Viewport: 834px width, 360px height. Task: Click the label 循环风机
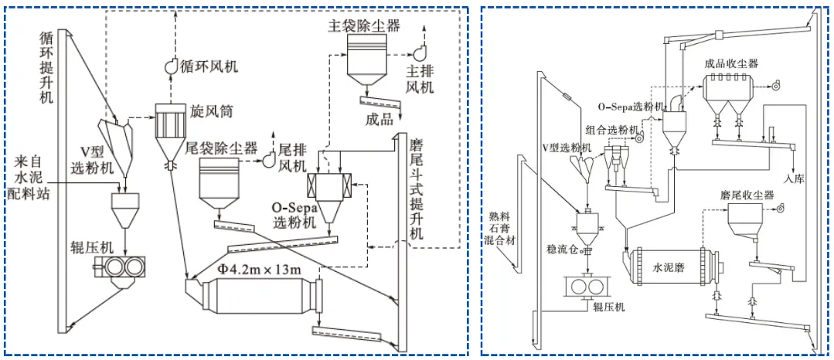tap(209, 66)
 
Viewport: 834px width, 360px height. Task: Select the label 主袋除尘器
tap(364, 26)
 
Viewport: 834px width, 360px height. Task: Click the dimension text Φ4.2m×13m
tap(259, 270)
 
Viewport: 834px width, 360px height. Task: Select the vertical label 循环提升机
tap(49, 68)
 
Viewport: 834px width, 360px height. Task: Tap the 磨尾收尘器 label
tap(747, 196)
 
